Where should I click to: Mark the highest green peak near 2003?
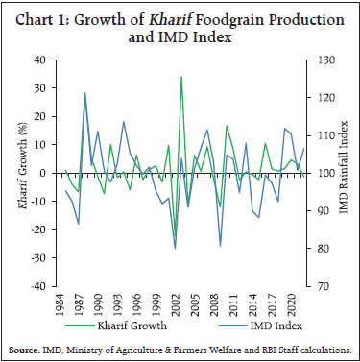pyautogui.click(x=181, y=77)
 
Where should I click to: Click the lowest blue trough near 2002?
pyautogui.click(x=175, y=249)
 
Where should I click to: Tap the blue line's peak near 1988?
pyautogui.click(x=85, y=93)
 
